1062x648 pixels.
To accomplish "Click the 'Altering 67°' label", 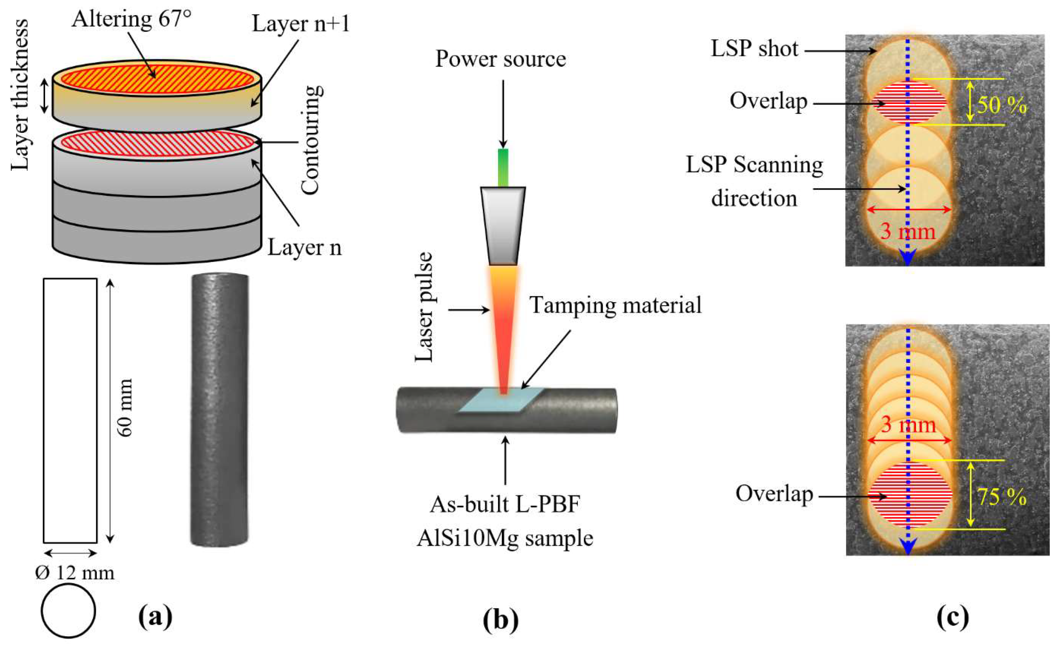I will (x=132, y=19).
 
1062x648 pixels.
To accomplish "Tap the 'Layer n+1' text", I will (x=300, y=24).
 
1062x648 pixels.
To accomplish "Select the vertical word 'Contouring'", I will (x=311, y=140).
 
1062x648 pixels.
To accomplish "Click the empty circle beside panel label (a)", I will (x=68, y=610).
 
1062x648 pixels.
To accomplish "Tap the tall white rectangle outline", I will (x=70, y=410).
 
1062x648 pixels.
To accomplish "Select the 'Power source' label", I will (x=500, y=59).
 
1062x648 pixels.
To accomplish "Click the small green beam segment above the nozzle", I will (x=503, y=167).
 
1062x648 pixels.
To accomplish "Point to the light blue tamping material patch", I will (x=500, y=401).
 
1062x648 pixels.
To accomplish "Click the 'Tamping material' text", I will (x=615, y=305).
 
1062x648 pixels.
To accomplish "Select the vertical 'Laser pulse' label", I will (x=424, y=307).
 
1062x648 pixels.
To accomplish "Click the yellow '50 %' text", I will (x=1001, y=105).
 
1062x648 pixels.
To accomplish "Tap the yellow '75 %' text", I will (x=1001, y=497).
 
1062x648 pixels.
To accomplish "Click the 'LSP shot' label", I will (x=754, y=48).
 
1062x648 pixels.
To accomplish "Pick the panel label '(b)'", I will (x=500, y=619).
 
